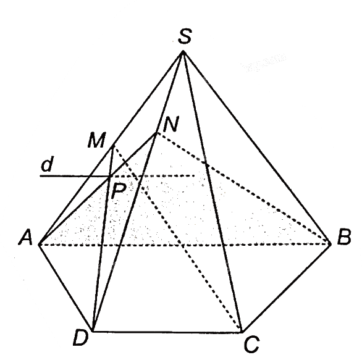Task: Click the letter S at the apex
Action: point(185,36)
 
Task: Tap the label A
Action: point(26,238)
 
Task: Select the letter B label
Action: point(343,237)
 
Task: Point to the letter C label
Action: point(251,345)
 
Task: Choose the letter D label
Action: point(80,338)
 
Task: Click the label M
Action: point(97,140)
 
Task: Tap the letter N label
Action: point(171,124)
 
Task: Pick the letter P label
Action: point(119,191)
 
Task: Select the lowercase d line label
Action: point(48,164)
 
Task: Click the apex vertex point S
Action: point(183,52)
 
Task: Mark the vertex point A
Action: point(40,245)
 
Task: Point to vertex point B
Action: point(330,243)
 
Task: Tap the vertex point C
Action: point(242,332)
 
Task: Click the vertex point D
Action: point(93,331)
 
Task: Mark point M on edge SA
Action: point(113,147)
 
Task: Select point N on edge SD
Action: point(157,133)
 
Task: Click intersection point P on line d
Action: point(110,177)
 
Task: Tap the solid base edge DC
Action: point(167,332)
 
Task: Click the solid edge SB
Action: point(256,148)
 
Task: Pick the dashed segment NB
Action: point(243,188)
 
